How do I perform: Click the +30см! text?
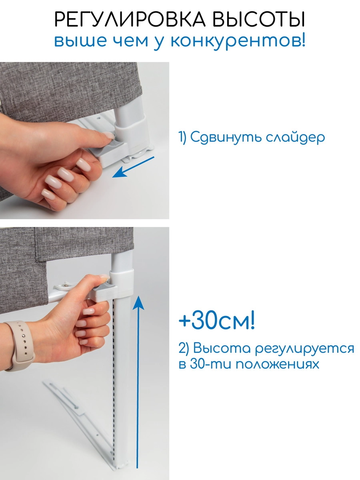pos(216,322)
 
